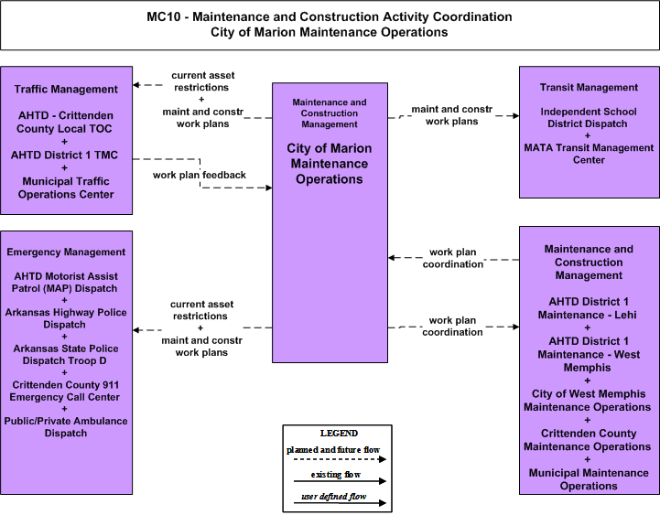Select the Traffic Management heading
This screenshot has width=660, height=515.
66,90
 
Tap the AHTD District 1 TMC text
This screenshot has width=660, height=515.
64,155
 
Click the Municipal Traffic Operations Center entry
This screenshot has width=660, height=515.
66,188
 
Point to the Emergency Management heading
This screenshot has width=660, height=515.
66,252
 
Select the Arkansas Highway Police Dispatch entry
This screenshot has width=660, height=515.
66,318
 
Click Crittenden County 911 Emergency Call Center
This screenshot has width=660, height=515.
65,391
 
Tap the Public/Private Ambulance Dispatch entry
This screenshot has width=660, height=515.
66,427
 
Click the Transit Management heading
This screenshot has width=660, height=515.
589,87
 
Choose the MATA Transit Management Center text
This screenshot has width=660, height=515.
589,154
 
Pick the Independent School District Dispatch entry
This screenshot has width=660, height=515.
589,117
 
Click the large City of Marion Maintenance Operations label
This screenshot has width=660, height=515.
330,164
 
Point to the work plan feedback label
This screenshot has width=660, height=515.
199,175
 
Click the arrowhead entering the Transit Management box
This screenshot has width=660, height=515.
516,115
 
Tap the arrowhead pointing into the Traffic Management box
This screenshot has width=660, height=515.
135,85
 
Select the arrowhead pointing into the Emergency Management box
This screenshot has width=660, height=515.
135,330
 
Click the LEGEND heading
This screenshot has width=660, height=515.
339,433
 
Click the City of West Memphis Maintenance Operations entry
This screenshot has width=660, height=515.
588,400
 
